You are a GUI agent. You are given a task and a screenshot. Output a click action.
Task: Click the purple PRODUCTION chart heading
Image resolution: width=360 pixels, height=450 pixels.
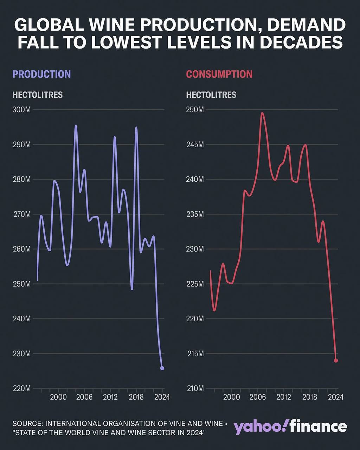(x=41, y=74)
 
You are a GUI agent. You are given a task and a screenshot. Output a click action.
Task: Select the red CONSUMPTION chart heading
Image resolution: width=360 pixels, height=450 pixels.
(x=219, y=74)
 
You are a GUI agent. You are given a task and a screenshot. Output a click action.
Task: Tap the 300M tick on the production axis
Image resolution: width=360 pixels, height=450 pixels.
(x=21, y=110)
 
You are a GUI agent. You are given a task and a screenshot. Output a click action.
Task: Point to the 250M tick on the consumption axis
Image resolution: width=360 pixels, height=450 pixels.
(x=195, y=110)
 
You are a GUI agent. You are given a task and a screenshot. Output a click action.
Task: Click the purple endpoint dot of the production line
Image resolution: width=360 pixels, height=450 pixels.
(x=162, y=368)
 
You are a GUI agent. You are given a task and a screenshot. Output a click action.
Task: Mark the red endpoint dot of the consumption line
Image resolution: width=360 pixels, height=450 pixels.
(x=336, y=360)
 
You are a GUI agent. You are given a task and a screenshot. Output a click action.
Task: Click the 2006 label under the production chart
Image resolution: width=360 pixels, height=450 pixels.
(x=84, y=397)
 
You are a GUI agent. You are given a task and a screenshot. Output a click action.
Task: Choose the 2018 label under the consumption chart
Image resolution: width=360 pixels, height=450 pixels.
(x=310, y=397)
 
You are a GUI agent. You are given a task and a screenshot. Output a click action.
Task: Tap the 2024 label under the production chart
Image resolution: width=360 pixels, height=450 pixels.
(x=162, y=397)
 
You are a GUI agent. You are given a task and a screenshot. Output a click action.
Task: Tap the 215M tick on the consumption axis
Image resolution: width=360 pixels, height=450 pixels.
(x=195, y=354)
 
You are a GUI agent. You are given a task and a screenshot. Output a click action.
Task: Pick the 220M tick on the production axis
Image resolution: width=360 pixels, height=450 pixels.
(x=21, y=388)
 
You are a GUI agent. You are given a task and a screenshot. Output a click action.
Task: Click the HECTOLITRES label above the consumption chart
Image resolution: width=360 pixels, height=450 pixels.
(x=211, y=95)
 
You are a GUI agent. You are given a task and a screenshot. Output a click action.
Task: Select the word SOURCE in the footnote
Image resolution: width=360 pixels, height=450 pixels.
(x=28, y=424)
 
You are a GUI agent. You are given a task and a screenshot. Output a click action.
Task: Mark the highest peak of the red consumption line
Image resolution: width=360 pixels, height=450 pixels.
(x=262, y=113)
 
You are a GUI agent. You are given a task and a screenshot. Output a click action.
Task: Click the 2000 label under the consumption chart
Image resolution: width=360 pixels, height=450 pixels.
(x=231, y=397)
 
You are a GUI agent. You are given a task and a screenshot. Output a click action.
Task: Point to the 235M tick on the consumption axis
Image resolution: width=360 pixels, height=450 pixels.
(x=195, y=214)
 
